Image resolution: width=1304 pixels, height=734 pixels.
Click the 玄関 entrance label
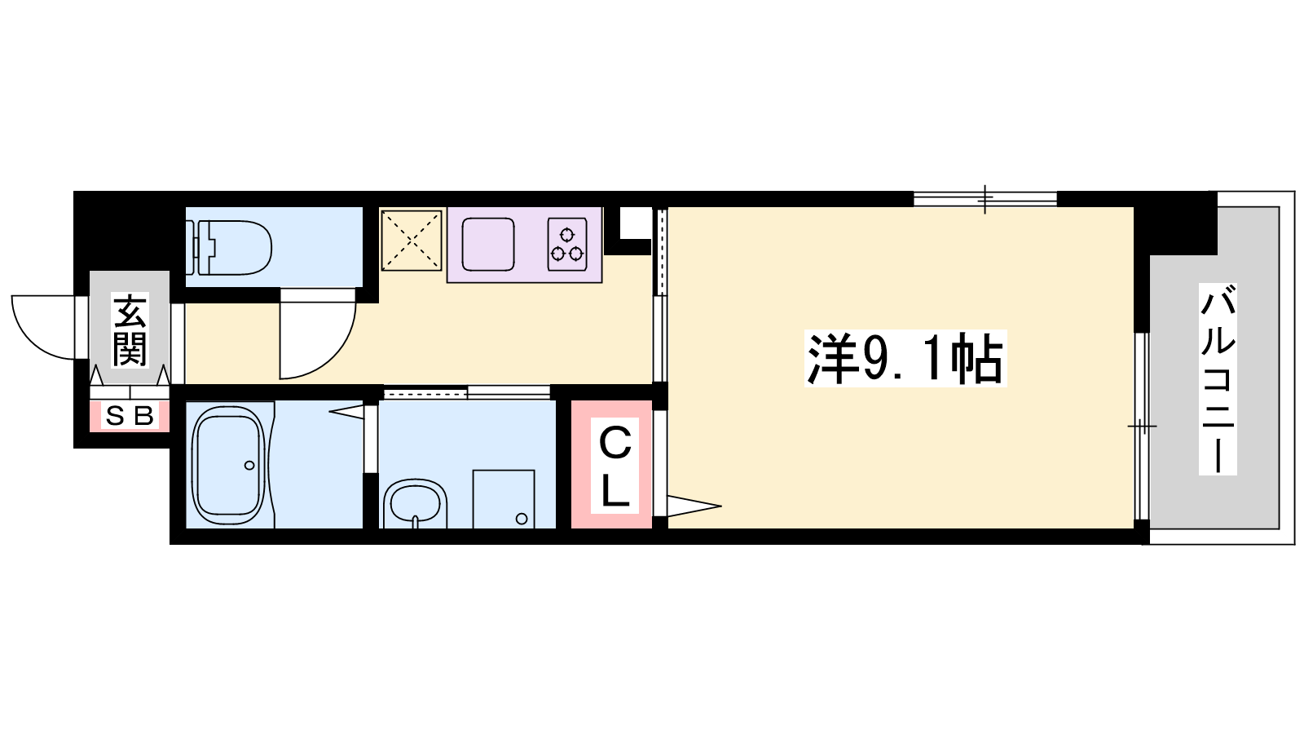(130, 329)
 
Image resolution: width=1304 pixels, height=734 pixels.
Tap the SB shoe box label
(130, 416)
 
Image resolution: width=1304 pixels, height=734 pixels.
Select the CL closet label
(615, 466)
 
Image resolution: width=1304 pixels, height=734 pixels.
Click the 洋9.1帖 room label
(905, 358)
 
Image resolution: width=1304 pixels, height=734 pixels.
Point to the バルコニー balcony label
(1218, 379)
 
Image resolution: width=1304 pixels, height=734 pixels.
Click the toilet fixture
(229, 248)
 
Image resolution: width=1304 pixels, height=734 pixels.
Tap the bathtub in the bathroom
(228, 465)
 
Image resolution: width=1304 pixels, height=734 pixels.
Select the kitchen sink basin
(488, 245)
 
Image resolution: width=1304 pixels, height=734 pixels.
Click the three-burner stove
(567, 245)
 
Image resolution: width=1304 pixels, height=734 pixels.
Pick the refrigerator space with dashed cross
(412, 241)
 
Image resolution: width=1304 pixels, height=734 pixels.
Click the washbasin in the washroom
(416, 502)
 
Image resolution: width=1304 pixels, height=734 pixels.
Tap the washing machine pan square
(504, 499)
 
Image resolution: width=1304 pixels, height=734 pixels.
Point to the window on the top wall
(985, 199)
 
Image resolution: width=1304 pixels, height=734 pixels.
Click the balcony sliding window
(1142, 426)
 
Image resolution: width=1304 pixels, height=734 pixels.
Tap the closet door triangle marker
(694, 506)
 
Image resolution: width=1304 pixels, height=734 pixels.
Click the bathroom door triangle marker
(347, 412)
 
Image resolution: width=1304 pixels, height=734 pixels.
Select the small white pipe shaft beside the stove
(635, 223)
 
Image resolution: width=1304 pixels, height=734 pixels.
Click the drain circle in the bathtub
(249, 466)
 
